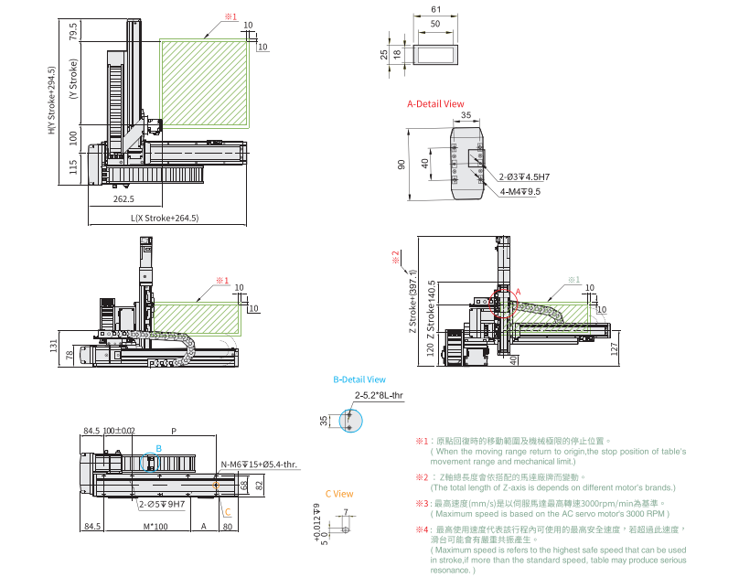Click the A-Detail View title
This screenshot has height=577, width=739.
click(x=435, y=104)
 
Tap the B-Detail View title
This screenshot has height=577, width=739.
click(x=359, y=379)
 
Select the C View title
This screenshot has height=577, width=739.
click(x=338, y=494)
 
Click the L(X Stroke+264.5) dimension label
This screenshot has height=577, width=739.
click(x=165, y=218)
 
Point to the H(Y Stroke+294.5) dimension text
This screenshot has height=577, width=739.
click(x=52, y=100)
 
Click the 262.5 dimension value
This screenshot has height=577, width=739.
click(x=123, y=198)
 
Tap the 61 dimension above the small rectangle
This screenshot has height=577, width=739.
click(x=434, y=9)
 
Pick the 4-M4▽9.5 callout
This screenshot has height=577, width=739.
click(x=520, y=192)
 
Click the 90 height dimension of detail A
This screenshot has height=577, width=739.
click(x=401, y=164)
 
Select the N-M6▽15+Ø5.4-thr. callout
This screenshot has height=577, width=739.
click(x=260, y=465)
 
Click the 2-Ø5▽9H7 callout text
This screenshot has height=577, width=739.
click(x=162, y=504)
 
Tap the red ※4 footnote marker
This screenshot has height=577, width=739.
click(x=421, y=529)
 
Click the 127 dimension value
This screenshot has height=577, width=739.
click(x=615, y=348)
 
